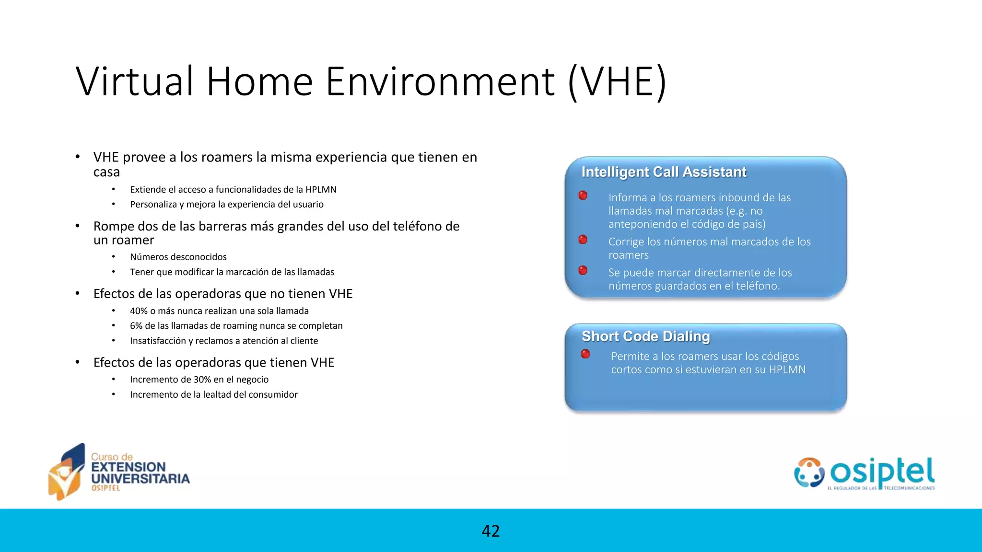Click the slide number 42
point(491,531)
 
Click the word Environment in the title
point(440,81)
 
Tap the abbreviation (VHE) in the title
point(617,82)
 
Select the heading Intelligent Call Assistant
point(664,172)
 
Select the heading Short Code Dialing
point(645,336)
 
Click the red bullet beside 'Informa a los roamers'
point(583,195)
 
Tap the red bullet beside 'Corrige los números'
point(583,240)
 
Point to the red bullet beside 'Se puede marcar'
point(583,271)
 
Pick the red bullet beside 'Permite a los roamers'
point(585,354)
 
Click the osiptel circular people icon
point(809,472)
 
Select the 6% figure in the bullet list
point(135,326)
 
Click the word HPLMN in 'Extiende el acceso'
point(321,190)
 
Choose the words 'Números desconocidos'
point(178,257)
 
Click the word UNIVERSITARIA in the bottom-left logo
point(140,479)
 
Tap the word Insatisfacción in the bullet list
point(157,341)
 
